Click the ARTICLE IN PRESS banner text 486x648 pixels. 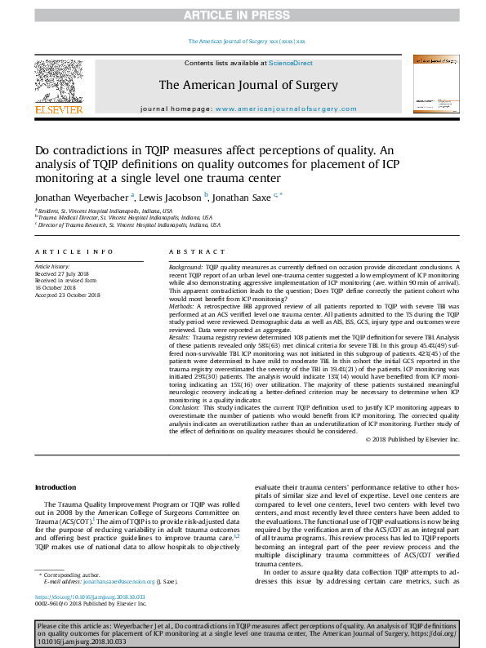click(243, 15)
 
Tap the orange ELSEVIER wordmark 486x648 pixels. click(58, 109)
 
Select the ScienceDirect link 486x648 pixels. click(292, 63)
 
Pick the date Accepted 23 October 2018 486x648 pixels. click(67, 295)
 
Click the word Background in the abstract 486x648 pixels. click(185, 268)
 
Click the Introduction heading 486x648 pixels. click(55, 487)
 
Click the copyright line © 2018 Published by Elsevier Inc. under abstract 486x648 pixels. click(414, 439)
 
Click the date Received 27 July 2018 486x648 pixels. click(62, 273)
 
